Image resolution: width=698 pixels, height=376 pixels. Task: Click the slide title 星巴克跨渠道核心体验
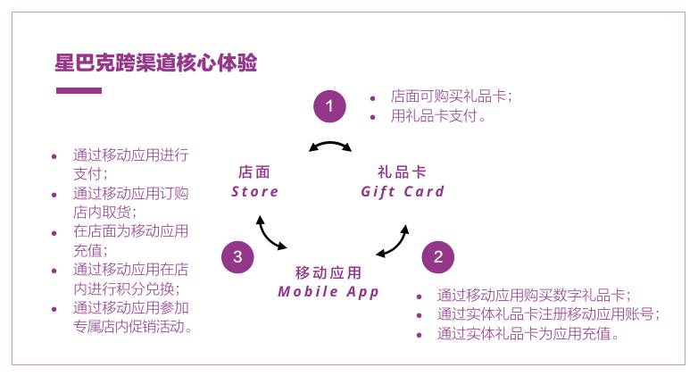[x=156, y=63]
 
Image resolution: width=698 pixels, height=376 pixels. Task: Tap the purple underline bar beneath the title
[x=79, y=90]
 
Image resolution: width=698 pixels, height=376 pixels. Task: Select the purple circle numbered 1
[x=328, y=107]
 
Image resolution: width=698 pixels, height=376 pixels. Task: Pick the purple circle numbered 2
[x=437, y=257]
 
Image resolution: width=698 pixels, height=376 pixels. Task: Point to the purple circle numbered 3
[x=237, y=257]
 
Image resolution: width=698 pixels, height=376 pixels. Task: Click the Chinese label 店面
[x=254, y=172]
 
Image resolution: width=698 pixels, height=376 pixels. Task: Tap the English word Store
[x=255, y=191]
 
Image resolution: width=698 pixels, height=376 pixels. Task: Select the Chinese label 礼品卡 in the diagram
[x=402, y=172]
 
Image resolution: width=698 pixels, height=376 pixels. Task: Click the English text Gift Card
[x=403, y=191]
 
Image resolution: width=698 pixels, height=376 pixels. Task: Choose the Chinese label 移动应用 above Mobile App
[x=328, y=272]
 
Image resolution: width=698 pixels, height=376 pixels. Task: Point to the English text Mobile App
[x=328, y=292]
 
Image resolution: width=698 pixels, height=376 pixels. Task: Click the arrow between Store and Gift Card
[x=329, y=146]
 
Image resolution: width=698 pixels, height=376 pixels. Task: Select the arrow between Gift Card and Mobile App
[x=393, y=242]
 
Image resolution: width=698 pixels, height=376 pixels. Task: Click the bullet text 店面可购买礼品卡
[x=452, y=96]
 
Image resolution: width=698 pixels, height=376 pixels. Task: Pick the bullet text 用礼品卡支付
[x=438, y=116]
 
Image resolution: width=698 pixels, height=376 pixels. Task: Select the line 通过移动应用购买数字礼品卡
[x=534, y=295]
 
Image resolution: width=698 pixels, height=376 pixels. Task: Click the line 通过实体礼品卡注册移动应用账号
[x=548, y=314]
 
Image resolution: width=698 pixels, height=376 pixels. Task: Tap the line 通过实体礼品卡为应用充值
[x=528, y=334]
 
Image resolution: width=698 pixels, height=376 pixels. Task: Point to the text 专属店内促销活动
[x=134, y=327]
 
